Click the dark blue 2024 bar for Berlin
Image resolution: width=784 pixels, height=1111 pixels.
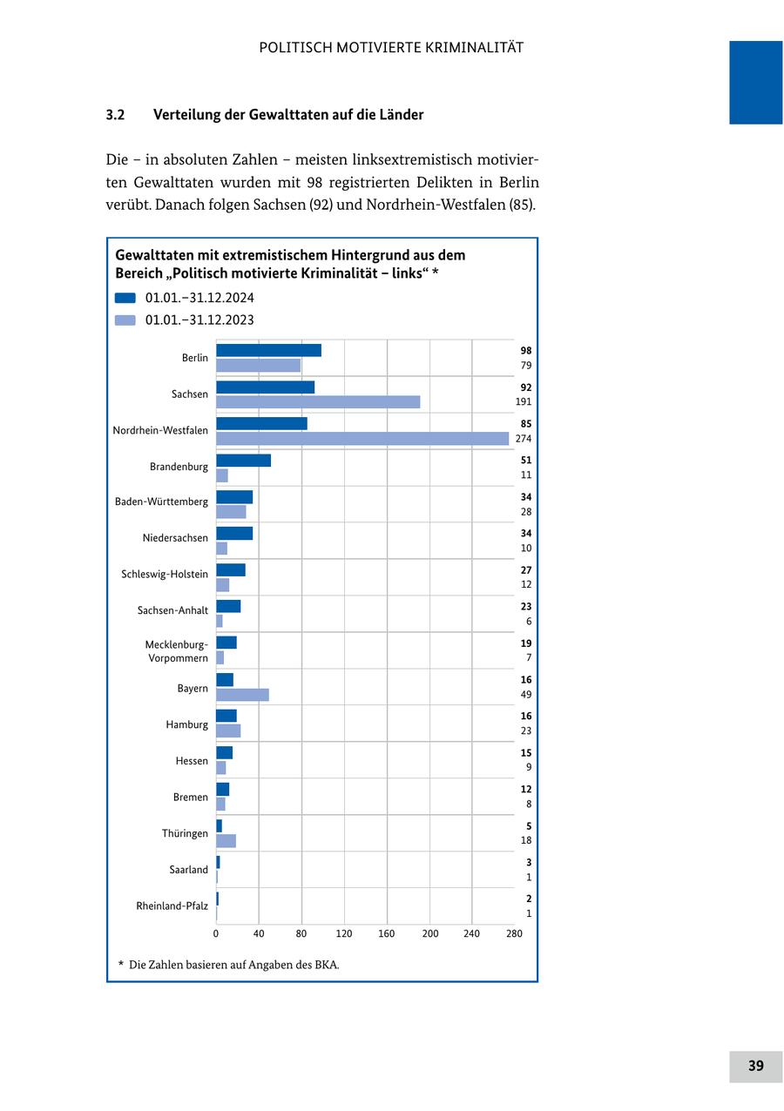268,350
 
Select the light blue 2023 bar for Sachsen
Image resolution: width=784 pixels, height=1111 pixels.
318,402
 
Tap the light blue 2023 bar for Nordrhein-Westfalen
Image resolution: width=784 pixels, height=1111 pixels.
362,439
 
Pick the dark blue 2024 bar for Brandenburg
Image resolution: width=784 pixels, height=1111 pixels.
243,461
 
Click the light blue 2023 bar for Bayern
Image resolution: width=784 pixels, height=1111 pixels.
242,695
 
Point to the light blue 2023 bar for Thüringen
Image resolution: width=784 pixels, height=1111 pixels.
226,841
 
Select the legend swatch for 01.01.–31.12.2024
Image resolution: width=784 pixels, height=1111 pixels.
125,298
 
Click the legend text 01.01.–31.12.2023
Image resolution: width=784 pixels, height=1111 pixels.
199,320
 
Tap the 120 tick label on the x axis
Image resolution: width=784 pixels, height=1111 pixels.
344,934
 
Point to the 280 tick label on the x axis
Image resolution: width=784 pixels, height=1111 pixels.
514,934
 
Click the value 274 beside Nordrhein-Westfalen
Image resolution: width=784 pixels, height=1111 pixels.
523,439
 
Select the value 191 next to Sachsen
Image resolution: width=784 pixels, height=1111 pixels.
523,402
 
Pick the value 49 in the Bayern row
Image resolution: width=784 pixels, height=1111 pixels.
525,695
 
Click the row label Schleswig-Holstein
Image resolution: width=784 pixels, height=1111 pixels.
165,574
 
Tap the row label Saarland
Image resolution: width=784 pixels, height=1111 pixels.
189,870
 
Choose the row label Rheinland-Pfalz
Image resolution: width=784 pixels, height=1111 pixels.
172,906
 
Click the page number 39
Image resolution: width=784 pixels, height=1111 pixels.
755,1066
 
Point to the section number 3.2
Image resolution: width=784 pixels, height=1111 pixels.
116,115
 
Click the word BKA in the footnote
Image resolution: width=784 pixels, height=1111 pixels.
326,965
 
